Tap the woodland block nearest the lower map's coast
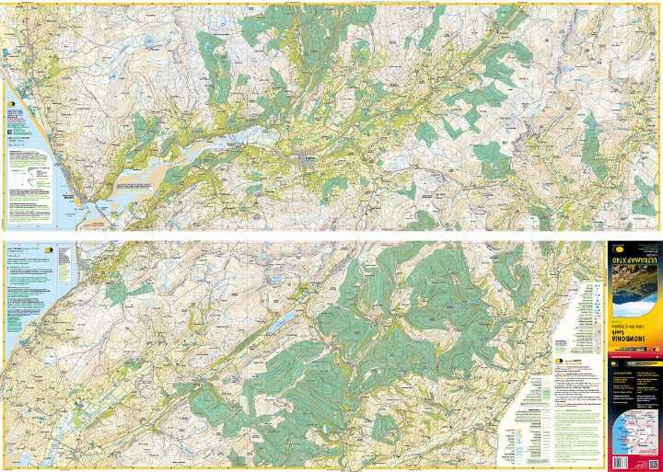point(115,292)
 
